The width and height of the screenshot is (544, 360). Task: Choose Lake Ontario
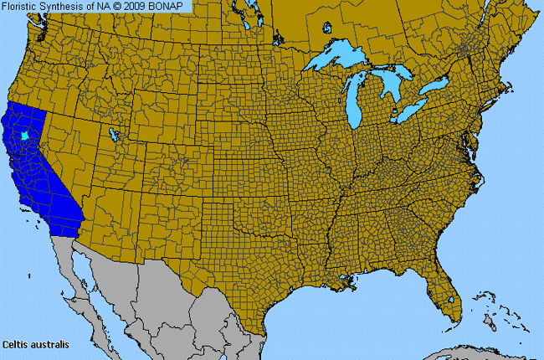coord(436,87)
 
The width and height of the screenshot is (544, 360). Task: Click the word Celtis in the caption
coord(16,344)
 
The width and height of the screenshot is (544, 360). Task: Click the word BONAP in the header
coord(170,6)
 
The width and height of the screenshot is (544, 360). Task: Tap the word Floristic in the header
coord(21,6)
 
